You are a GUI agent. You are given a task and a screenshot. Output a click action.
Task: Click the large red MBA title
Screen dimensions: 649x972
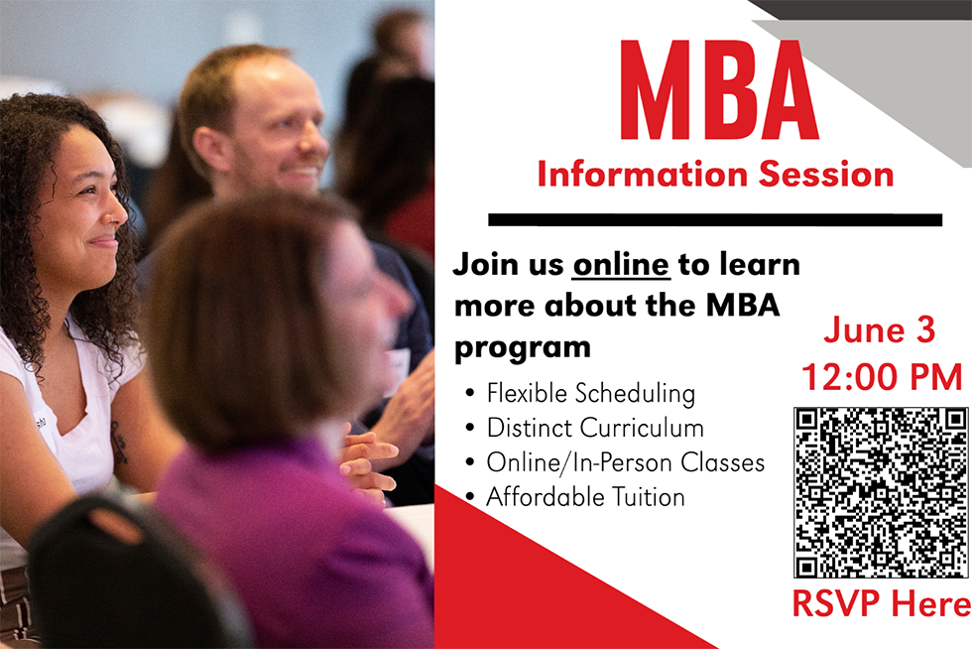pyautogui.click(x=719, y=91)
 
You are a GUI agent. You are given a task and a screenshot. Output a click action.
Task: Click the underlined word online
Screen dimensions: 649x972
pyautogui.click(x=622, y=266)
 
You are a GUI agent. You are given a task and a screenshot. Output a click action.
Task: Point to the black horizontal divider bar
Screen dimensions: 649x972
pyautogui.click(x=714, y=219)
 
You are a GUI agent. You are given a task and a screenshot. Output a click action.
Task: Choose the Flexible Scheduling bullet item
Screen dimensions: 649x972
pyautogui.click(x=590, y=393)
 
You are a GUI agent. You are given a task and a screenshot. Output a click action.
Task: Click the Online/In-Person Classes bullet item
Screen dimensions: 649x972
pyautogui.click(x=625, y=462)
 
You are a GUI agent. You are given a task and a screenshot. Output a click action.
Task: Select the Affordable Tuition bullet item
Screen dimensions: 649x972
pyautogui.click(x=585, y=496)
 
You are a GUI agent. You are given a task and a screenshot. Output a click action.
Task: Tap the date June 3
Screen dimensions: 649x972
pyautogui.click(x=879, y=330)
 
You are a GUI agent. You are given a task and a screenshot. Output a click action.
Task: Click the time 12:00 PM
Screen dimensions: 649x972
pyautogui.click(x=882, y=377)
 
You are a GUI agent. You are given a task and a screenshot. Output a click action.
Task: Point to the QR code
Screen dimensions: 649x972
pyautogui.click(x=881, y=492)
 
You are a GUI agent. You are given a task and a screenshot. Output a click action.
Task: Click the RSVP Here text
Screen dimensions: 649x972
pyautogui.click(x=881, y=603)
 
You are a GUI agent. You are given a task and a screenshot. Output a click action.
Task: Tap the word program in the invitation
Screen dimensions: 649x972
pyautogui.click(x=522, y=348)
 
